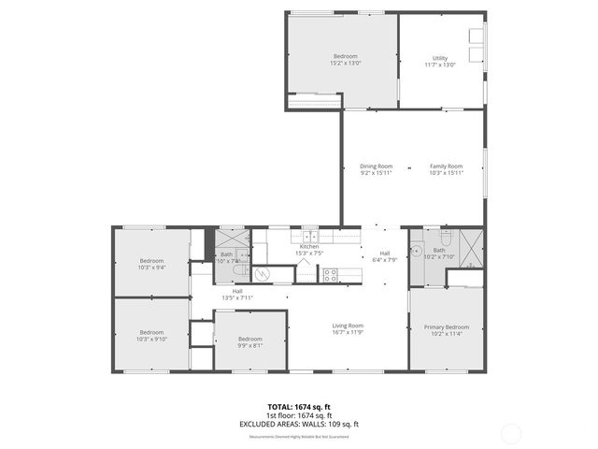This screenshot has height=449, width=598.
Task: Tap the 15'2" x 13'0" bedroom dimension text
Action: tap(346, 64)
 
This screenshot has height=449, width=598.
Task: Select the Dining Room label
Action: tap(377, 167)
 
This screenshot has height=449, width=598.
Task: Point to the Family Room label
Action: tap(446, 167)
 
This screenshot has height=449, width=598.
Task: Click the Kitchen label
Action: tap(309, 246)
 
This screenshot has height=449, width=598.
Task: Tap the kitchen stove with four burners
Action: tap(330, 274)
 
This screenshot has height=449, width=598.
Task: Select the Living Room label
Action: tap(348, 326)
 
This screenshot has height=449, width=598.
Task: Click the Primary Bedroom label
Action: tap(447, 326)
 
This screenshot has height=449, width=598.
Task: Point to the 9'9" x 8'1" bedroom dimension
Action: tap(249, 344)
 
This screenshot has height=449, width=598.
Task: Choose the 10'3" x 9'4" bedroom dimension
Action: tap(151, 267)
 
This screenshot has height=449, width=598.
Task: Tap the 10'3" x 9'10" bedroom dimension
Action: tap(151, 339)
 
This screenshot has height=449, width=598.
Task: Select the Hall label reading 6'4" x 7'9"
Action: tap(385, 259)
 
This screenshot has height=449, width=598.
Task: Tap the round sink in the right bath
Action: tap(416, 250)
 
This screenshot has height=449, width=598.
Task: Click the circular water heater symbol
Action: tap(263, 273)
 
